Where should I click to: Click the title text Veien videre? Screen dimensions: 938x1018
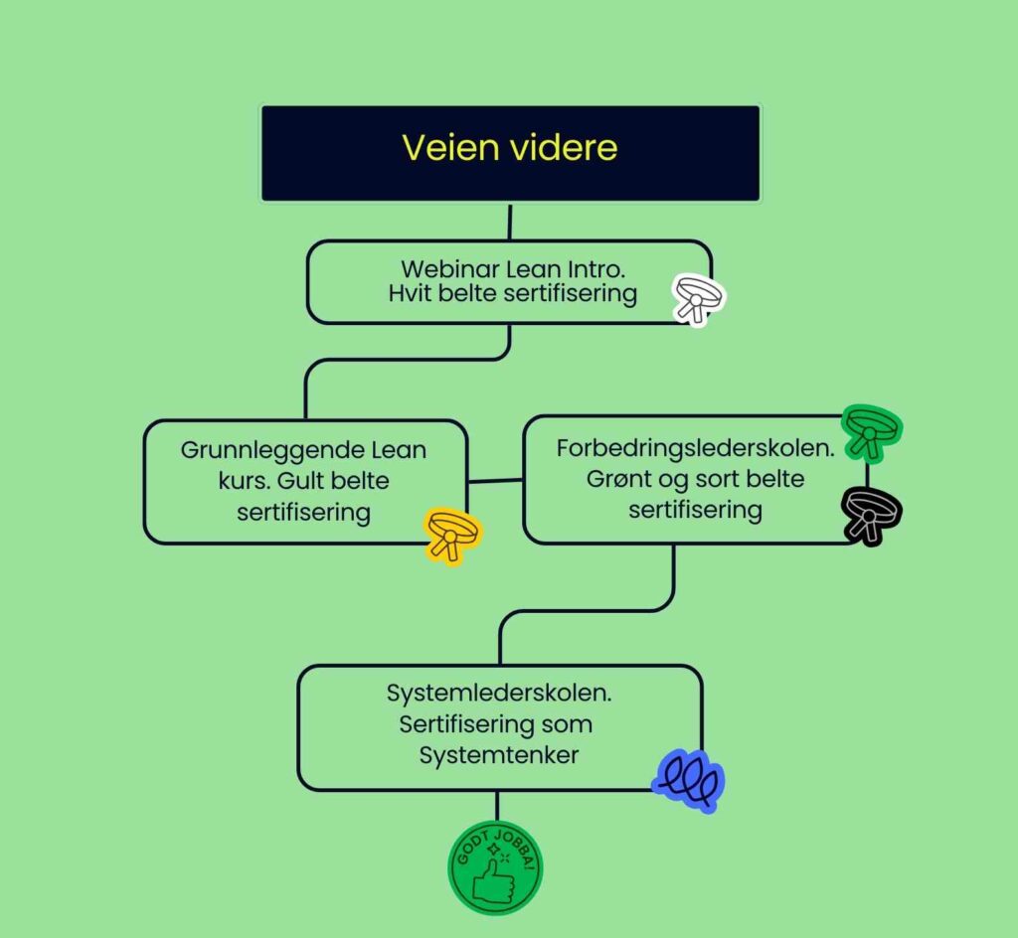coord(509,148)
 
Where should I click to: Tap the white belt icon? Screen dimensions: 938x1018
coord(698,297)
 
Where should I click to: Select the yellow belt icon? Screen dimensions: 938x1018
coord(452,534)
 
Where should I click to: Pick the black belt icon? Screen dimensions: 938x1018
coord(871,514)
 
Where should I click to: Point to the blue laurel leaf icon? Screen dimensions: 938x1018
coord(688,780)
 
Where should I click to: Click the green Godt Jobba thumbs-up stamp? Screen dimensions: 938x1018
coord(495,866)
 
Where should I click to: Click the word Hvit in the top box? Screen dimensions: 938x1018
coord(410,294)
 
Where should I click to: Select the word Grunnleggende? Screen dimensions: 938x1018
coord(259,450)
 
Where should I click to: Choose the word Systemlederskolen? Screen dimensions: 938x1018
coord(498,694)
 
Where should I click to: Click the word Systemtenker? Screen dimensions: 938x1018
coord(498,755)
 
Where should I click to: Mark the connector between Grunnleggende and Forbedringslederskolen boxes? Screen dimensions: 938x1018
coord(495,481)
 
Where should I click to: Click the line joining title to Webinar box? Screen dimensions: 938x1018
coord(510,222)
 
